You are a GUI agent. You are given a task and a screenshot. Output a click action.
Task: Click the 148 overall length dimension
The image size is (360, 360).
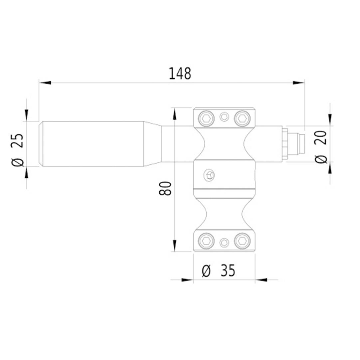point(180,74)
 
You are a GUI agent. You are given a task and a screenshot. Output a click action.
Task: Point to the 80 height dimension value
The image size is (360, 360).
point(166,188)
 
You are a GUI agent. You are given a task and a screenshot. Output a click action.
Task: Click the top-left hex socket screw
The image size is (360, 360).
point(206,117)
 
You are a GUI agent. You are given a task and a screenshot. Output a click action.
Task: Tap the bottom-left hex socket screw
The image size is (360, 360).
point(206,241)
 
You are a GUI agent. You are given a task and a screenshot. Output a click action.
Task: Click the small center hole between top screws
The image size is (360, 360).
point(225,117)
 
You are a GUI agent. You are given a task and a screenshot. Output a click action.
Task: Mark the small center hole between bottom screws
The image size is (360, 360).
point(225,242)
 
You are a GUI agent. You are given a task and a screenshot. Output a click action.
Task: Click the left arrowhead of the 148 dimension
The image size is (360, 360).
point(45,82)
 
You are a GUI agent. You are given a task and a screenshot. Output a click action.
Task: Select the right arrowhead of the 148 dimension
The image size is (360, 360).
point(298,82)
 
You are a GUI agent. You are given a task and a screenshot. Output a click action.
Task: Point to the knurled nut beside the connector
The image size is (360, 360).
point(284,144)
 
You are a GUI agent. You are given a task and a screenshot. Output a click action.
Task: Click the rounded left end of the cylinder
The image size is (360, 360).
point(41,144)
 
